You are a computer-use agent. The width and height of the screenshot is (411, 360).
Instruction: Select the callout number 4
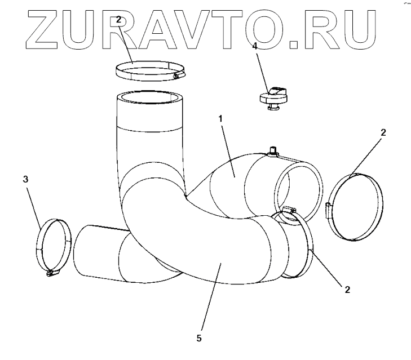point(255,46)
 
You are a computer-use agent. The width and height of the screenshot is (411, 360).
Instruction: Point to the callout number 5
point(198,339)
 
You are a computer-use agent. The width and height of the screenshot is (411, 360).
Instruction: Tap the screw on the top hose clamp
point(179,75)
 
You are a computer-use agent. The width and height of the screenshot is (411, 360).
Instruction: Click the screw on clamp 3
point(51,273)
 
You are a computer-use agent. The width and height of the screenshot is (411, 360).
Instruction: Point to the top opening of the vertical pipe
point(149,97)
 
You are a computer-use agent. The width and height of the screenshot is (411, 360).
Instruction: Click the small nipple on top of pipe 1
point(275,152)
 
